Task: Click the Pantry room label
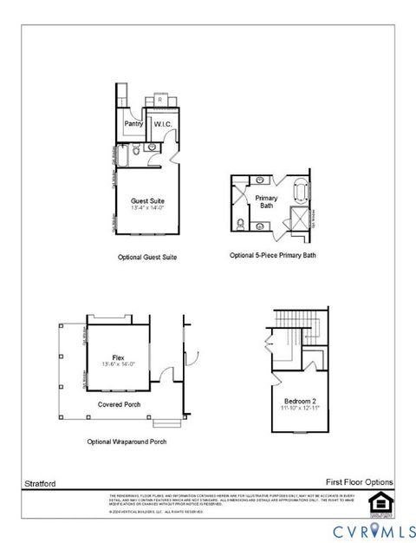(133, 124)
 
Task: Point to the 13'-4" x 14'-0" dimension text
(146, 208)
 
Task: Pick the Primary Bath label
(266, 202)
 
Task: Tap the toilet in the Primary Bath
(240, 225)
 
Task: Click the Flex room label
(119, 357)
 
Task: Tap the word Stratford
(36, 481)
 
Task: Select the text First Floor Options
(359, 481)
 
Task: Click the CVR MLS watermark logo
(365, 528)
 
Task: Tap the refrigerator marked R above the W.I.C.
(159, 99)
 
